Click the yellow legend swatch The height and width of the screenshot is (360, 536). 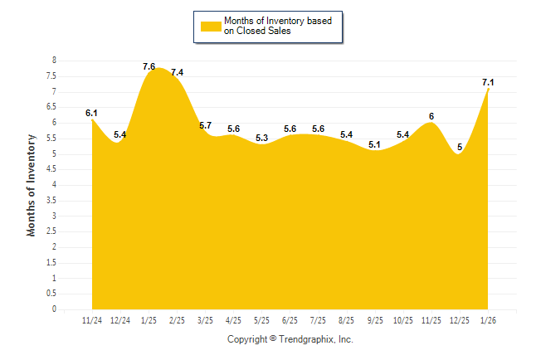pyautogui.click(x=210, y=26)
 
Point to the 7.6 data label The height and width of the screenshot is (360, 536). pyautogui.click(x=149, y=66)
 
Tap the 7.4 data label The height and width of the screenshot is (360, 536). pyautogui.click(x=177, y=73)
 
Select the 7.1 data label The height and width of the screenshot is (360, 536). pyautogui.click(x=488, y=82)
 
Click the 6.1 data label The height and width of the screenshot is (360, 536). pyautogui.click(x=91, y=113)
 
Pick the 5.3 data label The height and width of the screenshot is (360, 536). pyautogui.click(x=262, y=138)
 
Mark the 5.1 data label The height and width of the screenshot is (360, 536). pyautogui.click(x=374, y=144)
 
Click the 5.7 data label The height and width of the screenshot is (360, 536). pyautogui.click(x=205, y=126)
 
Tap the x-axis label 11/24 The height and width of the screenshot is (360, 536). pyautogui.click(x=92, y=320)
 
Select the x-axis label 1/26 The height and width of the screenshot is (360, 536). pyautogui.click(x=489, y=320)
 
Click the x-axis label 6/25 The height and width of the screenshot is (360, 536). pyautogui.click(x=290, y=320)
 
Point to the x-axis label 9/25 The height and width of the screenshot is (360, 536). pyautogui.click(x=375, y=320)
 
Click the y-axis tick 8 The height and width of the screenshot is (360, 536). pyautogui.click(x=54, y=61)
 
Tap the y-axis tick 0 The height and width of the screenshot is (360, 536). pyautogui.click(x=54, y=309)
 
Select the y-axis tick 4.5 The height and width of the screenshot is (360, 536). pyautogui.click(x=51, y=169)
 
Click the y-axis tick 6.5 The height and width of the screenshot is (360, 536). pyautogui.click(x=51, y=107)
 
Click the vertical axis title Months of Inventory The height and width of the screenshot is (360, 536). pyautogui.click(x=32, y=185)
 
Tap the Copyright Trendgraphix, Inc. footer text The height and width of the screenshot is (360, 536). pyautogui.click(x=290, y=339)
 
